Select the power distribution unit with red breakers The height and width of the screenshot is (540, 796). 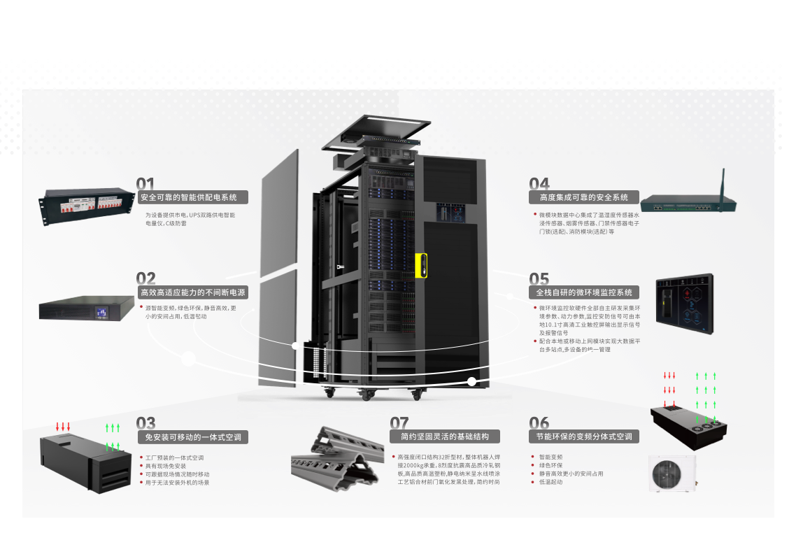tap(87, 206)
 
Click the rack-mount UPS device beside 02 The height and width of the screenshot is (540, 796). tap(87, 308)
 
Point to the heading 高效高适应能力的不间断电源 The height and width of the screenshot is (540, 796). tap(193, 292)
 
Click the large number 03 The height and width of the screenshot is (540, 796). tap(145, 423)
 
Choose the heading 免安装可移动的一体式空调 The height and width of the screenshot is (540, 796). tap(193, 437)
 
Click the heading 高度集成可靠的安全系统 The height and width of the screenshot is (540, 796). tap(584, 197)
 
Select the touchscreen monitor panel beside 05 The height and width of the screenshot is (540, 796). tap(684, 304)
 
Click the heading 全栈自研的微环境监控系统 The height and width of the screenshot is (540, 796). tap(584, 292)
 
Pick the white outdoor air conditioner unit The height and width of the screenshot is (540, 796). tap(671, 474)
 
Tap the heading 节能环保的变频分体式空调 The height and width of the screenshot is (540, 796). tap(584, 436)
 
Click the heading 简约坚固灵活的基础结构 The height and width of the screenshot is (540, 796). tap(445, 436)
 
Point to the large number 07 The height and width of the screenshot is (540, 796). tap(399, 423)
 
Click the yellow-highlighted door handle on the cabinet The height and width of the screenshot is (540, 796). tap(421, 265)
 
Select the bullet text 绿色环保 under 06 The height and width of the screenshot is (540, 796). tap(550, 465)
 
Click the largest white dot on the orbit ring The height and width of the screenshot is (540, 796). tap(188, 359)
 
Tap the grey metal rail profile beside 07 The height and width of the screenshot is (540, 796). tap(338, 456)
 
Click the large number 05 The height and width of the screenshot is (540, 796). tap(539, 280)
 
